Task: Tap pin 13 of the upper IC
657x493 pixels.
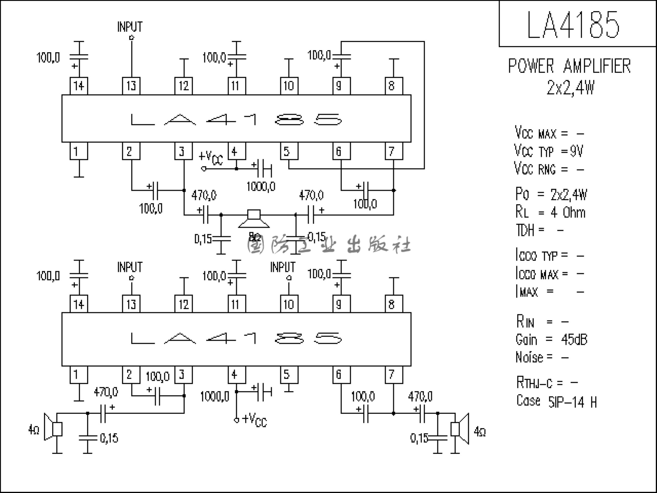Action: [131, 86]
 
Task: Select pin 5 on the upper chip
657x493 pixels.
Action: [289, 151]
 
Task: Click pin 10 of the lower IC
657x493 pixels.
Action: [289, 304]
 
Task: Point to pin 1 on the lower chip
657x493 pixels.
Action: [79, 374]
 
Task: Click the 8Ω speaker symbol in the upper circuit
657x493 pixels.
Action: [254, 219]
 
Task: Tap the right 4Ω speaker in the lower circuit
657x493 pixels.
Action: [459, 429]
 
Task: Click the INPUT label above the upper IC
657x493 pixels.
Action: [130, 27]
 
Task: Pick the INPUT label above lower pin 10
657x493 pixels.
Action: [283, 267]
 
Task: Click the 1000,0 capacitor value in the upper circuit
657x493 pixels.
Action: [261, 187]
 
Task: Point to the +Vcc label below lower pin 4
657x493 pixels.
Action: [254, 420]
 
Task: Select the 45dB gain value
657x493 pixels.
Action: [574, 339]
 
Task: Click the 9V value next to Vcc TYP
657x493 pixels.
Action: [576, 151]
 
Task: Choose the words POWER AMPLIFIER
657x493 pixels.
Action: [569, 66]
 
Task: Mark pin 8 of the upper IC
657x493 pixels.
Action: [394, 86]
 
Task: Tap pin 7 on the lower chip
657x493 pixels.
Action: [394, 374]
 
